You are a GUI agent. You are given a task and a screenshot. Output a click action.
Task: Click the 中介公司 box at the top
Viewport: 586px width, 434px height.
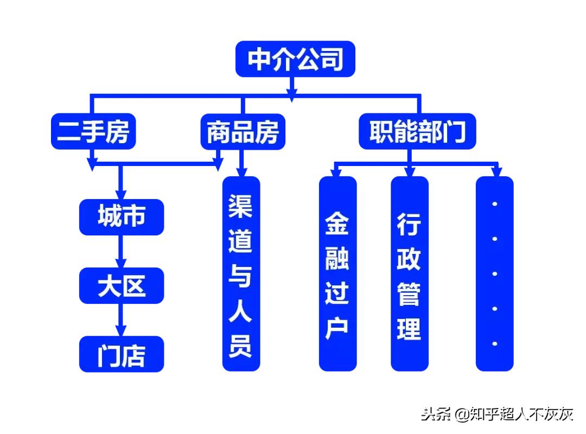pos(295,59)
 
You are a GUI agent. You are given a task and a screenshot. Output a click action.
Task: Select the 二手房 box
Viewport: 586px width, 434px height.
pos(93,131)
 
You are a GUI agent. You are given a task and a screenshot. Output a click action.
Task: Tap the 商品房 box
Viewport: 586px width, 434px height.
pos(243,131)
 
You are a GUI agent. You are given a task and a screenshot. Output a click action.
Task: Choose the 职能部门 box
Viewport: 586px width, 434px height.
pos(417,131)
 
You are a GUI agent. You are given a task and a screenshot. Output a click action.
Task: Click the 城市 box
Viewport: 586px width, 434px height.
pos(121,217)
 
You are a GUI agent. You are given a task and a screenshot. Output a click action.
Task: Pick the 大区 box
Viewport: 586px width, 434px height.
pos(121,285)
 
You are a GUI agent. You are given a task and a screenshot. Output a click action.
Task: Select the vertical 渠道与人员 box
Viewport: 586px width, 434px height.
pos(241,274)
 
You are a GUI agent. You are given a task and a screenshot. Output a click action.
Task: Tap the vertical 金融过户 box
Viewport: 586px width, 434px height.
pos(337,274)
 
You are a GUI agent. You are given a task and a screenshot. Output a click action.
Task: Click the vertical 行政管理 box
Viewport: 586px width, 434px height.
pos(409,274)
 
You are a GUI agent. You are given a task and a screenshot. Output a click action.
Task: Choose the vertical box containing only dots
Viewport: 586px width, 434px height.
pos(494,274)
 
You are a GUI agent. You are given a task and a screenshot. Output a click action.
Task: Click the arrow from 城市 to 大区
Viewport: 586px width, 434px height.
pos(121,252)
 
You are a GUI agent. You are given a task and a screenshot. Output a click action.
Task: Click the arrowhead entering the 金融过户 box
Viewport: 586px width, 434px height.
pos(337,173)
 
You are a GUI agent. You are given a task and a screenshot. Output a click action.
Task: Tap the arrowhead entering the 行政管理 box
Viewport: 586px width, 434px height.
pos(409,173)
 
